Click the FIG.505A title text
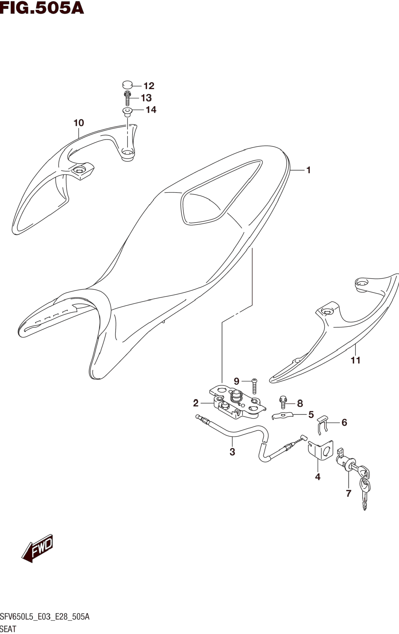pos(42,8)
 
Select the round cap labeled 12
pos(127,85)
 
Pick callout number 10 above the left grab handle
pos(79,123)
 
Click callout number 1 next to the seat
pos(309,170)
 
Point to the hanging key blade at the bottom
pos(365,500)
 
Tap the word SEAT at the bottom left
pos(8,629)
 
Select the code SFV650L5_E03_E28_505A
pos(45,617)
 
